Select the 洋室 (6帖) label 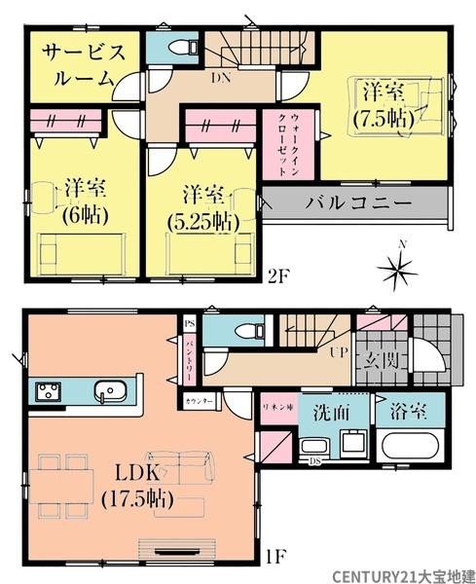tap(72, 199)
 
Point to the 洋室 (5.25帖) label tap(201, 207)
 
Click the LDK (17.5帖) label tap(145, 486)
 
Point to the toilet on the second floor tap(179, 48)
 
